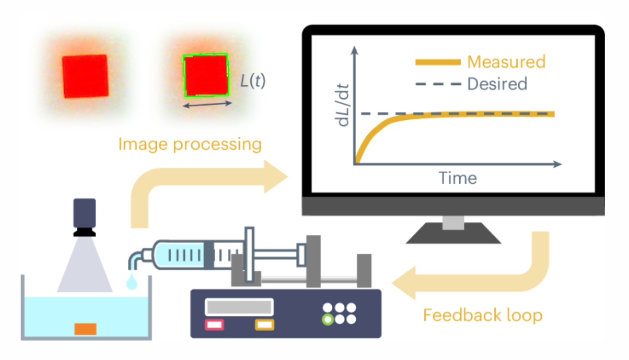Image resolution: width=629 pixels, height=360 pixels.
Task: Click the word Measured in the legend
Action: (x=506, y=62)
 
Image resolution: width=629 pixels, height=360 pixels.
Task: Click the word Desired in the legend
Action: (x=497, y=84)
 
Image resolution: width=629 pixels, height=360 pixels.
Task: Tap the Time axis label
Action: (x=458, y=178)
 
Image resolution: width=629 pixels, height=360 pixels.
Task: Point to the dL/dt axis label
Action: (x=342, y=105)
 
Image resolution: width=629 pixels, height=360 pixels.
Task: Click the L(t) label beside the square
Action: (x=253, y=81)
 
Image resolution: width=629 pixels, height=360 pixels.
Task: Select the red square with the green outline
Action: (x=206, y=75)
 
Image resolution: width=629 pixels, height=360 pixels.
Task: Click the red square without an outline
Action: (x=85, y=76)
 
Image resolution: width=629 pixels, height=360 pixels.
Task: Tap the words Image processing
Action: (x=190, y=145)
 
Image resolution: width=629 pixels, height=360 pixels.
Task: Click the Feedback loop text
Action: (x=483, y=315)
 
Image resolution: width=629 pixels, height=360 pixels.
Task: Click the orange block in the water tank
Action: (x=85, y=329)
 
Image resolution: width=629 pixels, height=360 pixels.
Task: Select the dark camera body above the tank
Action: (x=84, y=213)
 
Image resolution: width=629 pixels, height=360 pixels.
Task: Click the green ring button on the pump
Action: (x=328, y=320)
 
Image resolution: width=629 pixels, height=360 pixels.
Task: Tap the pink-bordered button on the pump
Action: (x=214, y=325)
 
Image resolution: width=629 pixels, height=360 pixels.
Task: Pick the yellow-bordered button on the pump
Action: (x=265, y=325)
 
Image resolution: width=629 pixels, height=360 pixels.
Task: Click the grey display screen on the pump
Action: (x=239, y=307)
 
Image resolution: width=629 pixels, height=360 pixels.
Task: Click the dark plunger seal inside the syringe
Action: (x=209, y=255)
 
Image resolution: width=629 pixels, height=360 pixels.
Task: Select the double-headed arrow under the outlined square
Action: (x=207, y=105)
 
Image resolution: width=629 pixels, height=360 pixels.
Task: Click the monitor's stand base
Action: (x=453, y=233)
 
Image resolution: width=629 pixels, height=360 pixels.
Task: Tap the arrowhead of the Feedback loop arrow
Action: (x=404, y=283)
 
